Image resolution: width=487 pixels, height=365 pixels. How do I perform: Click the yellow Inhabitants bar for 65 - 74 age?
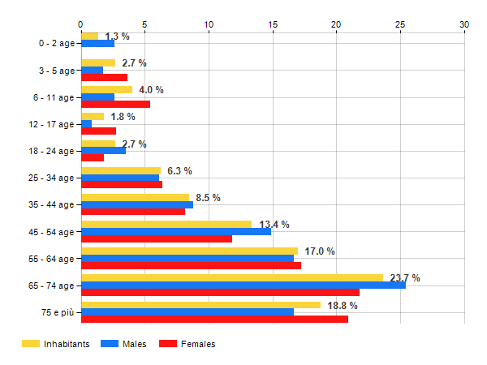pyautogui.click(x=231, y=277)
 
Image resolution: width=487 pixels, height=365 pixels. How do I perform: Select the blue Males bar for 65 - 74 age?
pyautogui.click(x=243, y=285)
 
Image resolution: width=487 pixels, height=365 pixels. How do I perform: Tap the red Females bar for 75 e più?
pyautogui.click(x=214, y=319)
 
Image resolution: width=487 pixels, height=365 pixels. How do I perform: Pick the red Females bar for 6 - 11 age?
pyautogui.click(x=115, y=104)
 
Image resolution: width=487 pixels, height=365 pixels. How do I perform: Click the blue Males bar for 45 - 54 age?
pyautogui.click(x=175, y=231)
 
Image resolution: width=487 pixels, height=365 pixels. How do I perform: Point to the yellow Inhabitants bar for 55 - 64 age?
pyautogui.click(x=189, y=251)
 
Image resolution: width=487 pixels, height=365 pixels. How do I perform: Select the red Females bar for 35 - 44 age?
pyautogui.click(x=132, y=212)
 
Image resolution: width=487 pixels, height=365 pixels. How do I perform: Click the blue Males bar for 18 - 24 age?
pyautogui.click(x=103, y=150)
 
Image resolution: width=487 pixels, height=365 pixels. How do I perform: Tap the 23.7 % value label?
pyautogui.click(x=405, y=278)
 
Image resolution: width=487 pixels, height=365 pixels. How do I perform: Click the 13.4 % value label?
pyautogui.click(x=274, y=225)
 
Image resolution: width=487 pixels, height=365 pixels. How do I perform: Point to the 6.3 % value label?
pyautogui.click(x=179, y=171)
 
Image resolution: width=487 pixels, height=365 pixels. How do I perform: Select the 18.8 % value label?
pyautogui.click(x=342, y=306)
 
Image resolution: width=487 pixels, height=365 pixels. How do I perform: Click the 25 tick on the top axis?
pyautogui.click(x=400, y=25)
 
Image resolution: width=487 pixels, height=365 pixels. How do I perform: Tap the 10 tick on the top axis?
pyautogui.click(x=209, y=25)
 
